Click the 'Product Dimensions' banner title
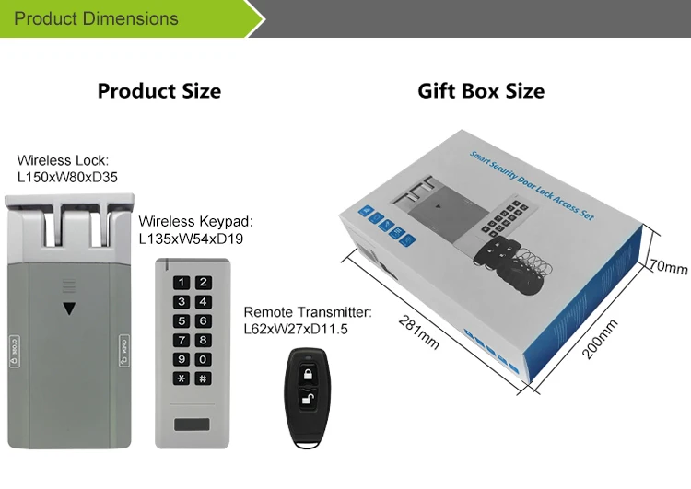coord(96,18)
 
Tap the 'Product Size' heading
coord(159,91)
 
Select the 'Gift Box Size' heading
coord(481,91)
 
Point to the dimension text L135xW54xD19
coord(190,238)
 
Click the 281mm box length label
coord(420,332)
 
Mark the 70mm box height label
coord(670,268)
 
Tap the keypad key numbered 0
coord(202,359)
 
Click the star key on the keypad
coord(182,378)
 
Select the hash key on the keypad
coord(202,378)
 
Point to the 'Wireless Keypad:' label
coord(194,222)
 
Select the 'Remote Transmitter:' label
coord(307,312)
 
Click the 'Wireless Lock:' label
coord(57,160)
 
